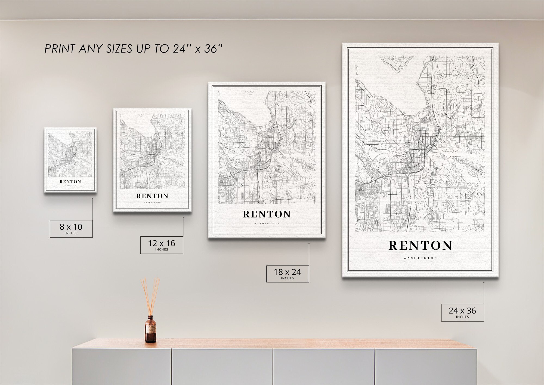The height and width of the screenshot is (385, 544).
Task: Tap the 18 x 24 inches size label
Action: (287, 274)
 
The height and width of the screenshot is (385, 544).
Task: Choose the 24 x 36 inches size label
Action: (462, 312)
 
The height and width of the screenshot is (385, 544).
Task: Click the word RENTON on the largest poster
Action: (420, 246)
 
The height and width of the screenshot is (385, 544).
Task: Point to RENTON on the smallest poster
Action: (70, 182)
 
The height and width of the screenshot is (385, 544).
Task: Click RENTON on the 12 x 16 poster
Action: (152, 196)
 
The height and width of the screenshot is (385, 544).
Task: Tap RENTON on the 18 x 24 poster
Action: (267, 214)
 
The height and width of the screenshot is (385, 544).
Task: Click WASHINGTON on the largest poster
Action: (420, 258)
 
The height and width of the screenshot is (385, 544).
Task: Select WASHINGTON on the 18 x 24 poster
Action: (267, 224)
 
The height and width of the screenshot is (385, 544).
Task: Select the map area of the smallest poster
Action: (70, 154)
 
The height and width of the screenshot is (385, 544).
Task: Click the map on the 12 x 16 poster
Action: (152, 151)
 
